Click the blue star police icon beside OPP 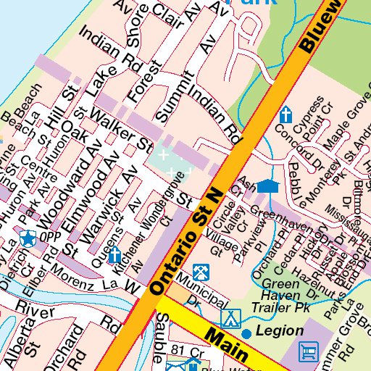pyautogui.click(x=28, y=238)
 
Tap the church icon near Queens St pyautogui.click(x=114, y=254)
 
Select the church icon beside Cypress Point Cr pyautogui.click(x=285, y=114)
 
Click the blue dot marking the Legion pyautogui.click(x=247, y=333)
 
